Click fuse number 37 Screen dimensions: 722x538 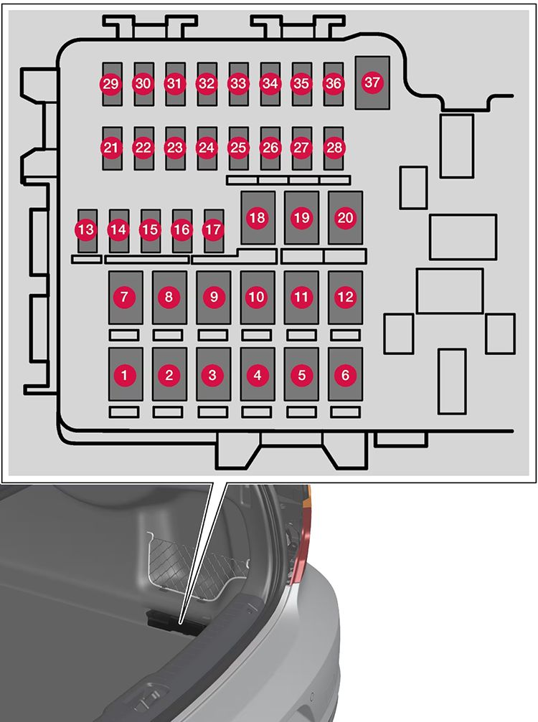372,82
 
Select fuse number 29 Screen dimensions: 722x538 110,84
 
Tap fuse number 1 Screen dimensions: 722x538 126,374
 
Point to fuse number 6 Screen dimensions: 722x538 346,374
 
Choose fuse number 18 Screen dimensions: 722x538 258,217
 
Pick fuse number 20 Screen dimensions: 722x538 346,217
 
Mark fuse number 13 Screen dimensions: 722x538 87,229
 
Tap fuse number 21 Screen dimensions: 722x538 110,148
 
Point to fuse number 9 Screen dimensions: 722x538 213,296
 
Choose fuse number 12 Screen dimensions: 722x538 346,296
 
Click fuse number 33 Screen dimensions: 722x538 238,84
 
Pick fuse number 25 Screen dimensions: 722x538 238,148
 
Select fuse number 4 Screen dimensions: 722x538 258,374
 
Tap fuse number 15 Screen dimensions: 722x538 150,229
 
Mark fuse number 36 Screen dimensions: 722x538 334,84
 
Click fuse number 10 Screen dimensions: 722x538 258,296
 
